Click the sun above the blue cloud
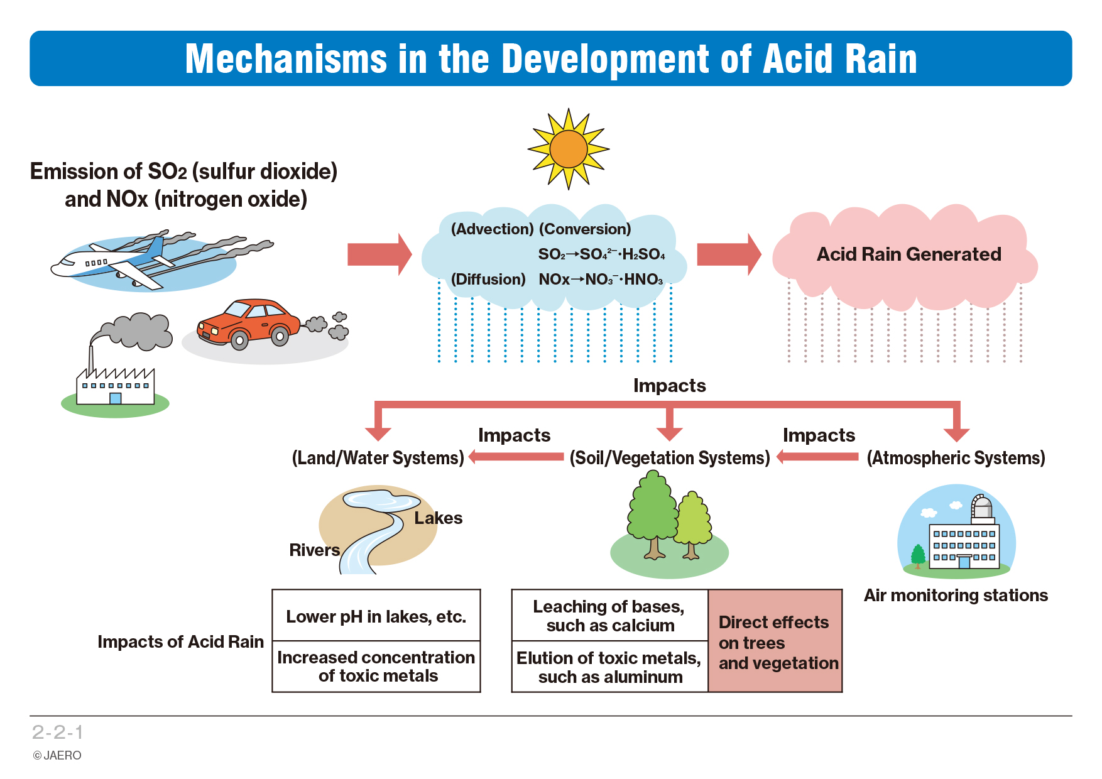(569, 149)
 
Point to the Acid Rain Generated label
(908, 254)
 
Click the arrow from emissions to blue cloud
(379, 254)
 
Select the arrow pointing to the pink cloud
(729, 254)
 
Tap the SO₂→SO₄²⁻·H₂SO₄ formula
(601, 254)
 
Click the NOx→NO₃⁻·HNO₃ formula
(601, 280)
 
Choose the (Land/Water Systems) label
(378, 458)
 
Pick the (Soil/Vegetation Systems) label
(670, 458)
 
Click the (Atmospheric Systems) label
(956, 458)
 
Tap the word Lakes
(438, 518)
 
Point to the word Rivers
(314, 550)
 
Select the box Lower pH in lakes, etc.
(376, 616)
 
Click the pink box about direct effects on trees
(775, 641)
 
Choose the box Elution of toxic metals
(610, 667)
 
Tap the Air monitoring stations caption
(956, 596)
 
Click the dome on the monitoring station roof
(981, 506)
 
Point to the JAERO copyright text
(57, 756)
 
